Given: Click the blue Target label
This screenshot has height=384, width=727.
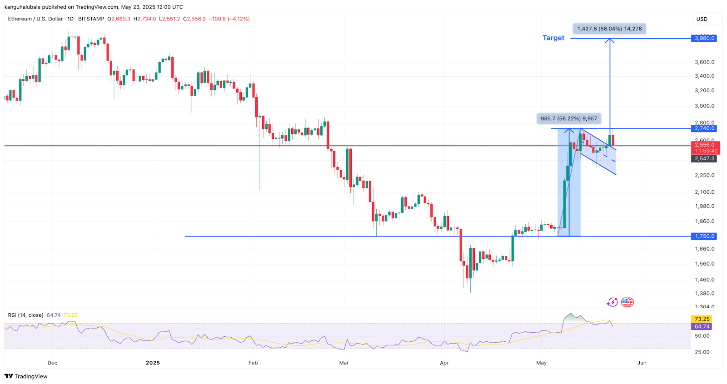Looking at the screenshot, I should pyautogui.click(x=553, y=38).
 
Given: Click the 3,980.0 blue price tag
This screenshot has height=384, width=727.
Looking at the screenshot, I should pyautogui.click(x=704, y=39).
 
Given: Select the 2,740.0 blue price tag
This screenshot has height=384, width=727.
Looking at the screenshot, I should pyautogui.click(x=704, y=128).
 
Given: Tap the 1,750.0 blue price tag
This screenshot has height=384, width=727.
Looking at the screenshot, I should pyautogui.click(x=704, y=236).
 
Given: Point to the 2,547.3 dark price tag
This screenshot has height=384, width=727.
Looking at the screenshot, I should pyautogui.click(x=705, y=159).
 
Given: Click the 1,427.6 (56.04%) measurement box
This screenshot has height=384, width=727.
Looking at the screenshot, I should pyautogui.click(x=609, y=29).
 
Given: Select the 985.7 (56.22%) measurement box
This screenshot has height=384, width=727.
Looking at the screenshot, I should pyautogui.click(x=568, y=118).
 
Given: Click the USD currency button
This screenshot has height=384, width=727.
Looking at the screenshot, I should pyautogui.click(x=702, y=19).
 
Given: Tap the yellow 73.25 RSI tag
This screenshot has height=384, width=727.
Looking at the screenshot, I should pyautogui.click(x=702, y=319).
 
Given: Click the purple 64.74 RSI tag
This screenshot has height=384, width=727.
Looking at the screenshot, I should pyautogui.click(x=702, y=327).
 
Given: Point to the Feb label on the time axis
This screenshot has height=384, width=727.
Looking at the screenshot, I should pyautogui.click(x=253, y=363).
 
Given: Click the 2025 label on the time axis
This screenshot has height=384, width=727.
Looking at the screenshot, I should pyautogui.click(x=153, y=363).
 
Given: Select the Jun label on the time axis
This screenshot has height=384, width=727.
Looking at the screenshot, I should pyautogui.click(x=642, y=363).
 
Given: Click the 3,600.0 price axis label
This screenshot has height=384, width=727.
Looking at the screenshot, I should pyautogui.click(x=704, y=62).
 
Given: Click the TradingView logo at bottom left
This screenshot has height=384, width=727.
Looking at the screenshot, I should pyautogui.click(x=26, y=376).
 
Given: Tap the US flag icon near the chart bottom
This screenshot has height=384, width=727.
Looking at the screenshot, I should pyautogui.click(x=627, y=302).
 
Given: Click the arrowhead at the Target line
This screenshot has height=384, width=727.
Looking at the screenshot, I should pyautogui.click(x=610, y=41).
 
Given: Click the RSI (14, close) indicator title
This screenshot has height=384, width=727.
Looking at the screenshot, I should pyautogui.click(x=26, y=315).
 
